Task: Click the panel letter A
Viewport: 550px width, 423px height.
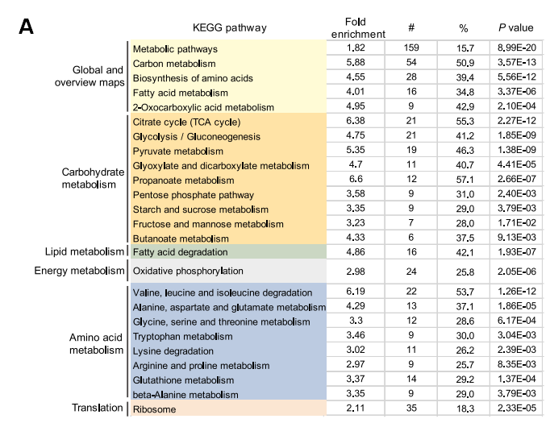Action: pos(27,27)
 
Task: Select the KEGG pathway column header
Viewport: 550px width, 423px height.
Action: pos(230,28)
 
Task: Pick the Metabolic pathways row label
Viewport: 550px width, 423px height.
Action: pos(175,49)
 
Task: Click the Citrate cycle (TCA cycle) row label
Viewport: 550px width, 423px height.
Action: pos(186,122)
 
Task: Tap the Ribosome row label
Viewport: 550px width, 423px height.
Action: pos(154,409)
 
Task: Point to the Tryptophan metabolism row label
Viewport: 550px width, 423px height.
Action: pos(181,336)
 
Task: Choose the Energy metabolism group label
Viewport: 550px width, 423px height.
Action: pos(79,271)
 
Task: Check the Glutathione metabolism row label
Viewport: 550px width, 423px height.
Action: pos(183,379)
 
